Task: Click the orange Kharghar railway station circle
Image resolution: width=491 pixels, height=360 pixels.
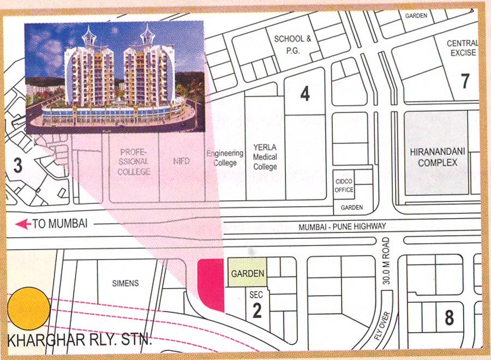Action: click(29, 309)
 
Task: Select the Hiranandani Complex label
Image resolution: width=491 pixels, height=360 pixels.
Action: click(437, 156)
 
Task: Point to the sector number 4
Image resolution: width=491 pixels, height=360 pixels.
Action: click(305, 94)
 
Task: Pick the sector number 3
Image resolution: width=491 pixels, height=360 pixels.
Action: click(18, 166)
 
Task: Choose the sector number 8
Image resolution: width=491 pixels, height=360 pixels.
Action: click(449, 317)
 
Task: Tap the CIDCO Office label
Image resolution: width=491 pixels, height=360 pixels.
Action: click(344, 185)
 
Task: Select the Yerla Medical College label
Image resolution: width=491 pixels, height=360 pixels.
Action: click(265, 157)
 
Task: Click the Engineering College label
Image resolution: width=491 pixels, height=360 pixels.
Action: click(225, 158)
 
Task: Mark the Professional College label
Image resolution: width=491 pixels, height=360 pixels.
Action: click(134, 162)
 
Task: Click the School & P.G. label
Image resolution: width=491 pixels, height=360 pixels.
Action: click(292, 44)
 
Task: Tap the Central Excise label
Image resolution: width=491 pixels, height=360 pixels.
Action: click(462, 48)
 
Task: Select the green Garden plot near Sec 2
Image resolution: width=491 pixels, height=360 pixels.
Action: click(247, 273)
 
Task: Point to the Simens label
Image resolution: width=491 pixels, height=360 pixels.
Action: click(125, 283)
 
